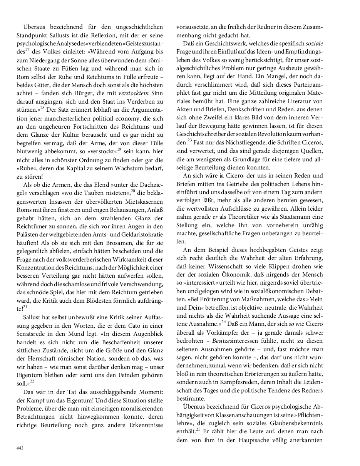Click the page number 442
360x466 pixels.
20,448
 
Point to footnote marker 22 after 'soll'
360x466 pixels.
32,381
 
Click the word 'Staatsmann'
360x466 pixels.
288,217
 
